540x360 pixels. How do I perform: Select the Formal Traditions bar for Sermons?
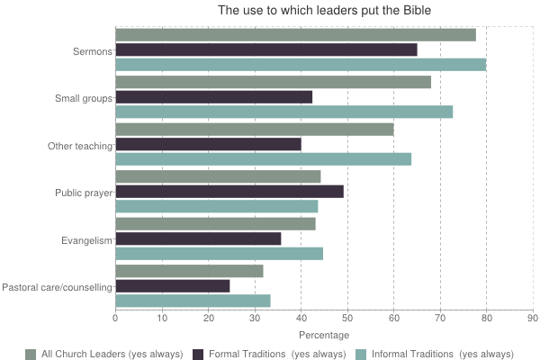click(266, 49)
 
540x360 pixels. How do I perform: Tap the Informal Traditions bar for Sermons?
click(301, 65)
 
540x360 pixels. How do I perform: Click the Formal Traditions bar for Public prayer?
click(229, 191)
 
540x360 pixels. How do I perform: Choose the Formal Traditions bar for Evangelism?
click(198, 238)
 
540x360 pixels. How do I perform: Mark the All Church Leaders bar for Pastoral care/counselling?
click(189, 271)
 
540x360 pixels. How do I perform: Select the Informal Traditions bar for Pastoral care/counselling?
click(193, 301)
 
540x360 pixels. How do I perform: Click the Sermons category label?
click(93, 50)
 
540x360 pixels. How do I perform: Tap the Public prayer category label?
click(83, 193)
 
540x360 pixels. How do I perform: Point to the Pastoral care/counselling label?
click(58, 287)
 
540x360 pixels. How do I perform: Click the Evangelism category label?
click(86, 240)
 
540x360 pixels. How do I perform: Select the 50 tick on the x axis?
click(347, 317)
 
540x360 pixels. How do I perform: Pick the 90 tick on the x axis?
click(533, 317)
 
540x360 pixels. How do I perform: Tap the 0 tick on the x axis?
click(115, 317)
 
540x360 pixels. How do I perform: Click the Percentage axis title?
click(324, 335)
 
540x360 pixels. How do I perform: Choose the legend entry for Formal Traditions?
click(269, 354)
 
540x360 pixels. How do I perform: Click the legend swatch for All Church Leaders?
click(31, 354)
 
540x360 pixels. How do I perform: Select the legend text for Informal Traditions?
click(444, 354)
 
